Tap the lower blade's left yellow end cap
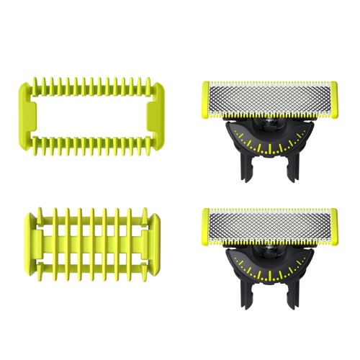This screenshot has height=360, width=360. [x=205, y=225]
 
